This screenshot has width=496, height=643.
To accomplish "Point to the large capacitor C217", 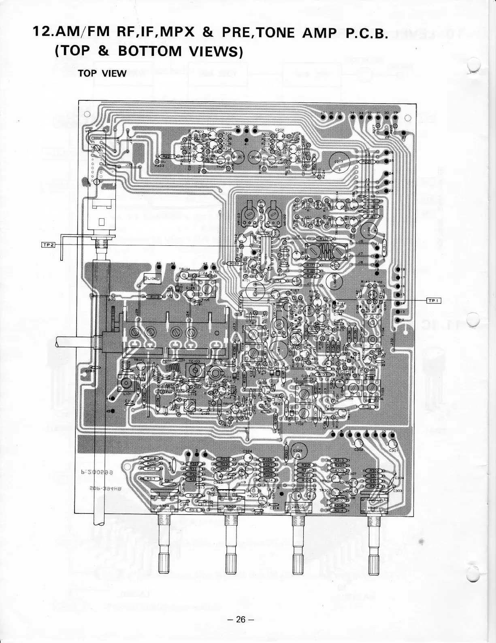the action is coord(338,163).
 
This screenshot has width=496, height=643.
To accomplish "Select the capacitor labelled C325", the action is coord(300,451).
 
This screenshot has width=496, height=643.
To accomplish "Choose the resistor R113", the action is coord(154,297).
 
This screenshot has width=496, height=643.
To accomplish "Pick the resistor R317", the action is coord(152,479).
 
